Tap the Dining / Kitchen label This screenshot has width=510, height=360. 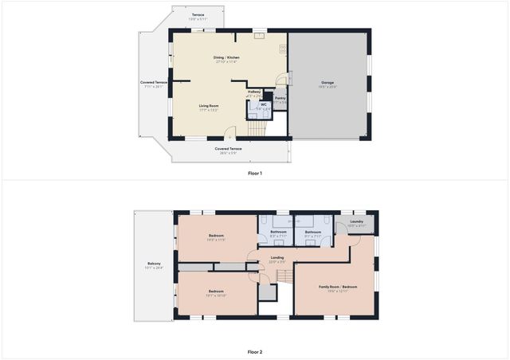226,58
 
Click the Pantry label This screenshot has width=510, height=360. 280,98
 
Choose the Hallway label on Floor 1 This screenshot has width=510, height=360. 255,92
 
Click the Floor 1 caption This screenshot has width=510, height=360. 254,173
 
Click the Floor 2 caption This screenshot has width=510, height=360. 254,351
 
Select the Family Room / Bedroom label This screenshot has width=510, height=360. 338,287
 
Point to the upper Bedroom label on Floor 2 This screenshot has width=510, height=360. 217,236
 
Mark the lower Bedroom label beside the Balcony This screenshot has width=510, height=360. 217,292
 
